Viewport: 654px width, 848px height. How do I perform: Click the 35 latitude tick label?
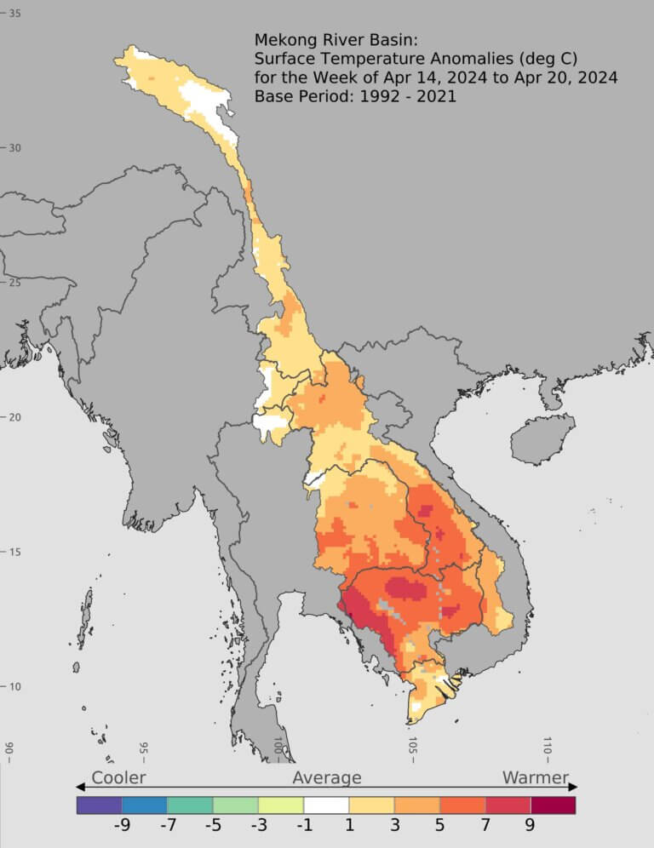pyautogui.click(x=15, y=13)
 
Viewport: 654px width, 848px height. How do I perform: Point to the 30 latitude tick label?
pyautogui.click(x=15, y=148)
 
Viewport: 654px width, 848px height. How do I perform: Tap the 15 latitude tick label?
pyautogui.click(x=15, y=552)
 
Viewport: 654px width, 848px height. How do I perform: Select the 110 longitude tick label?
pyautogui.click(x=548, y=748)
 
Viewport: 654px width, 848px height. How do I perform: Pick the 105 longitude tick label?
pyautogui.click(x=412, y=748)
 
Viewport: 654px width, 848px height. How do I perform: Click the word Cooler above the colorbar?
pyautogui.click(x=118, y=777)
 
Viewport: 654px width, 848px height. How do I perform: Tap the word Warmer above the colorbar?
pyautogui.click(x=535, y=777)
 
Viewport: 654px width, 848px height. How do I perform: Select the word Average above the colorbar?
pyautogui.click(x=327, y=777)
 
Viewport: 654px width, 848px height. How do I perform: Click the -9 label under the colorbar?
pyautogui.click(x=122, y=824)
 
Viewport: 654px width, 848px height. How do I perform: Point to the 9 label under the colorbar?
pyautogui.click(x=530, y=824)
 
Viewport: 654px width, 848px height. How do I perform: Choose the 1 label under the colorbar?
pyautogui.click(x=349, y=824)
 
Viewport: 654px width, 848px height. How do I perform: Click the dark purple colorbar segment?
pyautogui.click(x=99, y=805)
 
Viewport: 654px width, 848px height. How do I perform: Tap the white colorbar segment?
pyautogui.click(x=326, y=805)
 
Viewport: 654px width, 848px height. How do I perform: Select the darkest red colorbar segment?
pyautogui.click(x=553, y=805)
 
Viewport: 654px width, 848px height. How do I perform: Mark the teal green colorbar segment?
pyautogui.click(x=190, y=805)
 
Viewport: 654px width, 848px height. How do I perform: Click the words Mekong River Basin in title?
pyautogui.click(x=334, y=40)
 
